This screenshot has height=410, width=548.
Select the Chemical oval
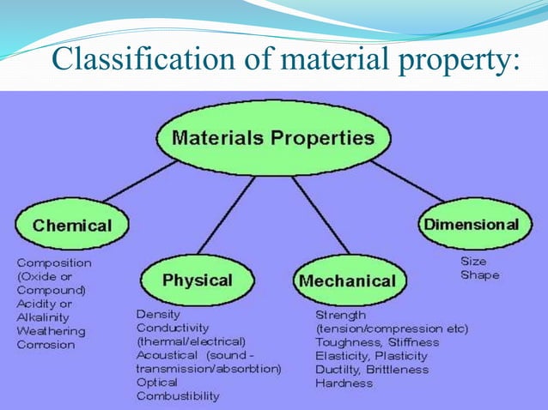point(72,226)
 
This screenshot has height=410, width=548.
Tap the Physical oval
point(197,280)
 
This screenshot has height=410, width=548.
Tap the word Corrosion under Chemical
point(46,345)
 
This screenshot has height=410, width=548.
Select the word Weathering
point(51,331)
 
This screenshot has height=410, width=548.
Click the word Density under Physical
point(158,314)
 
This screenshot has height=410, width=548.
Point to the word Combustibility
point(178,396)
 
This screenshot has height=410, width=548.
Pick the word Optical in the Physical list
point(156,383)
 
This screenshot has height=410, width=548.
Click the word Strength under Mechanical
point(340,315)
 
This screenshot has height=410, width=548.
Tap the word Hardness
point(344,383)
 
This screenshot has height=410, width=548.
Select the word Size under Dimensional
point(473,261)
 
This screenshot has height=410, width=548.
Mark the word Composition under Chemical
point(54,262)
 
